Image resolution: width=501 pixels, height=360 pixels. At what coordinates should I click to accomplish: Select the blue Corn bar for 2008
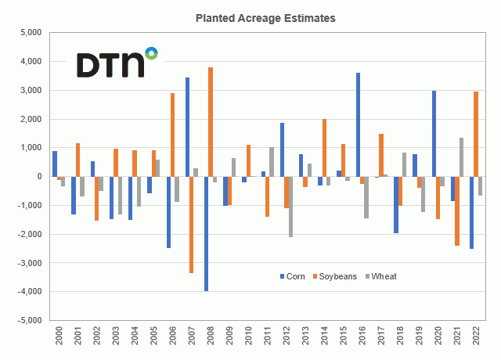(207, 233)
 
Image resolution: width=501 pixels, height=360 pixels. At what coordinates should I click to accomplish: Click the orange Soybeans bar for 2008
(211, 122)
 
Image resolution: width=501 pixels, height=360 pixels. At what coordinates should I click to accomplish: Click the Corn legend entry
(293, 275)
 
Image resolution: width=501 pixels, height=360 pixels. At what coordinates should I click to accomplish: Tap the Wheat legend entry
(384, 275)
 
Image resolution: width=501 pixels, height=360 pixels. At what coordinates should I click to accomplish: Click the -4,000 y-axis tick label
(27, 291)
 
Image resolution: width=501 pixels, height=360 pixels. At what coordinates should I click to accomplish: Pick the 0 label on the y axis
(37, 176)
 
